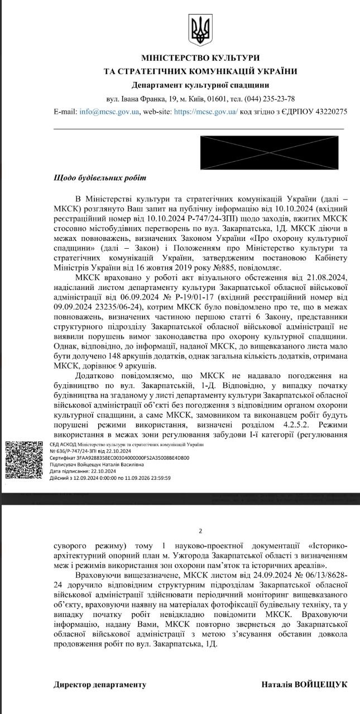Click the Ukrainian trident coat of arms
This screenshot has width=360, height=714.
click(x=200, y=31)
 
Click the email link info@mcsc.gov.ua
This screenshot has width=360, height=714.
click(x=109, y=112)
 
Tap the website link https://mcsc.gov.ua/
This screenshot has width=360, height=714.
click(x=206, y=112)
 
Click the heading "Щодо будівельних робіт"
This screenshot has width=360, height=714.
click(x=99, y=178)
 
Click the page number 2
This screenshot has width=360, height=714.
click(x=200, y=532)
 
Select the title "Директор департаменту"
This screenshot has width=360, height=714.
click(x=100, y=684)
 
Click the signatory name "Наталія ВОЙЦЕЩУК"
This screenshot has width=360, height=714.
click(x=304, y=684)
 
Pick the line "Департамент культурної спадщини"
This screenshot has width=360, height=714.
click(x=200, y=85)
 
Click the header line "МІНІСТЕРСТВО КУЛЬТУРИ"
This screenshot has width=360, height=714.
click(x=200, y=58)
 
